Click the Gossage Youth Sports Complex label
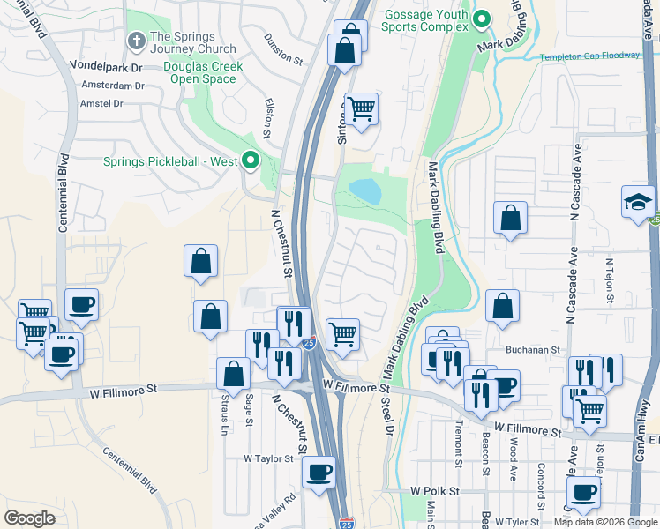(x=424, y=19)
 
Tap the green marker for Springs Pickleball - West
(x=251, y=160)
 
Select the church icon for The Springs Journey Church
(x=137, y=41)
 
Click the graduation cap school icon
(x=638, y=202)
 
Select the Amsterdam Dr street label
(x=112, y=86)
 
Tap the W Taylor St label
(x=268, y=458)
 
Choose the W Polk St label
(x=435, y=489)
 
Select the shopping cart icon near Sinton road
(x=361, y=109)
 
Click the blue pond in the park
(x=365, y=190)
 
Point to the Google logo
(x=29, y=518)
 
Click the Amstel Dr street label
(x=100, y=103)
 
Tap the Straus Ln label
(x=225, y=413)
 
